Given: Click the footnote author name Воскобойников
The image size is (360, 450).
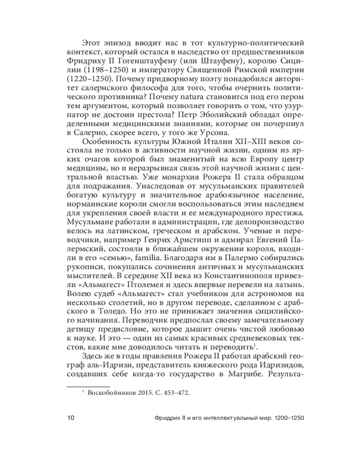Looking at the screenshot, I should point(111,393).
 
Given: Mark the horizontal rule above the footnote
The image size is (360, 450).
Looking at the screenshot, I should point(88,386).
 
